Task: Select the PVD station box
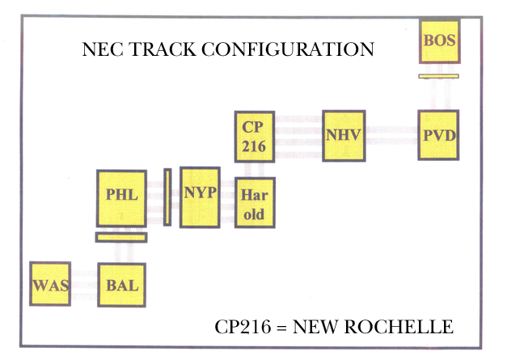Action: tap(439, 134)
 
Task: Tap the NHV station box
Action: tap(343, 134)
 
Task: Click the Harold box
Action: tap(255, 202)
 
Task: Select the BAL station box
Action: tap(123, 285)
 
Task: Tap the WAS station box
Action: tap(49, 285)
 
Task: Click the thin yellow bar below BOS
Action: tap(439, 76)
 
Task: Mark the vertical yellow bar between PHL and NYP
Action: tap(167, 197)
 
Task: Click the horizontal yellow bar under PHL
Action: tap(121, 237)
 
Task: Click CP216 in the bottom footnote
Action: tap(241, 328)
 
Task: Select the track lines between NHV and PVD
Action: tap(391, 129)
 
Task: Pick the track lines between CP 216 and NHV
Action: tap(298, 129)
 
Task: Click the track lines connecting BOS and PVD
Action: tap(439, 94)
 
